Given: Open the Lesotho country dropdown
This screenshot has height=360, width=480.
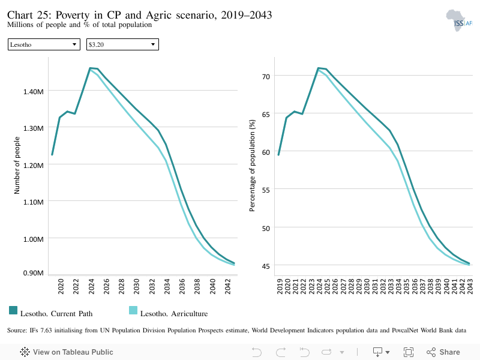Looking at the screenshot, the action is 44,44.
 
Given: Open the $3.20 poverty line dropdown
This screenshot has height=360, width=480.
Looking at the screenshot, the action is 122,44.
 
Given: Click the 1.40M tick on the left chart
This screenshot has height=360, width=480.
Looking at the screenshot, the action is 34,92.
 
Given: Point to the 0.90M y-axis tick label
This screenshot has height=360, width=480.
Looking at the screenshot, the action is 34,273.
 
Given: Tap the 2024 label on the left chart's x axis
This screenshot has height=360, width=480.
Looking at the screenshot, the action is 91,287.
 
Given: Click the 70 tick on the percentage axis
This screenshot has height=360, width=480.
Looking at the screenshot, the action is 266,77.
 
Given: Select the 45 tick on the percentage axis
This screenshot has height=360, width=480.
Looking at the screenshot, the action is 266,266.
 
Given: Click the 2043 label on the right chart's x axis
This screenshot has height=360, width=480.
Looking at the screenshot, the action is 470,287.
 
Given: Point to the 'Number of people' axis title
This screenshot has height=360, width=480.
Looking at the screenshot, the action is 17,166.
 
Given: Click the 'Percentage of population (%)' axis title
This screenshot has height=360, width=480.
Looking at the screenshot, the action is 252,166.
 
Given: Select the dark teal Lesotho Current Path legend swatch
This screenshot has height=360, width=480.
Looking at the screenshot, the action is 13,310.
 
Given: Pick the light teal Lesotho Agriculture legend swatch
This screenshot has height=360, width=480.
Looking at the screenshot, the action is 133,310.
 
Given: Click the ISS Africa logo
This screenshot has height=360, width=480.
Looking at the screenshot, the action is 459,20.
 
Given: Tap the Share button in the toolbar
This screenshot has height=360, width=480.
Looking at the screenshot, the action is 443,352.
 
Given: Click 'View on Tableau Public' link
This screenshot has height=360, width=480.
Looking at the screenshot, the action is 67,352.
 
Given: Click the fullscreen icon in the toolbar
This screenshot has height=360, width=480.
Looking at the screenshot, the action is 409,352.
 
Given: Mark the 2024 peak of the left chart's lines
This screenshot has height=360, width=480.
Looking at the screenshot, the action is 90,68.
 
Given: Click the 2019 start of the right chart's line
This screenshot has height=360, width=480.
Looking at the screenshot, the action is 278,155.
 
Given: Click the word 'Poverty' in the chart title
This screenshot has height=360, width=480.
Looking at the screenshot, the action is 73,15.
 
